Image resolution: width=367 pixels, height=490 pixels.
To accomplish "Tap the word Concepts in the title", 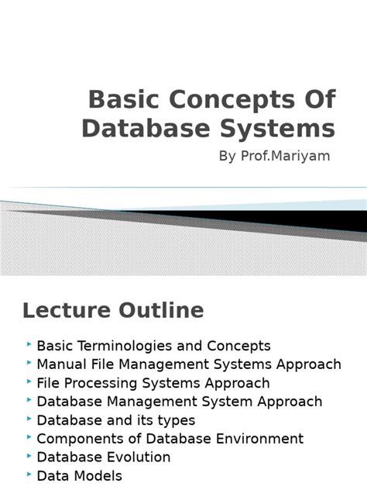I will click(x=211, y=100).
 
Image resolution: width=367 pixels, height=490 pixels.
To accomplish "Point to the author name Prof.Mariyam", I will click(x=295, y=156).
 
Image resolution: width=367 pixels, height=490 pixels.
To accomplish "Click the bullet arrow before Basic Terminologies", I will click(x=29, y=344).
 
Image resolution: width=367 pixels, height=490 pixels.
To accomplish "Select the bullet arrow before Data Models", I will click(x=29, y=474).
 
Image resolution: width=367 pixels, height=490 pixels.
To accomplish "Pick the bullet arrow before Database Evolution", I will click(x=29, y=456).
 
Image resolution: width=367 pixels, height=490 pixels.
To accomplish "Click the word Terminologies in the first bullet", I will click(x=128, y=346).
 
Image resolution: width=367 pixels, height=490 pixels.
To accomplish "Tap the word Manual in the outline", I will click(x=60, y=364).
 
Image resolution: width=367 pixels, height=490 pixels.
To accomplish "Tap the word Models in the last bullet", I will click(x=97, y=476).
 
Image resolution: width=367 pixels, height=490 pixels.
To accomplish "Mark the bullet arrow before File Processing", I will click(x=29, y=381).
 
